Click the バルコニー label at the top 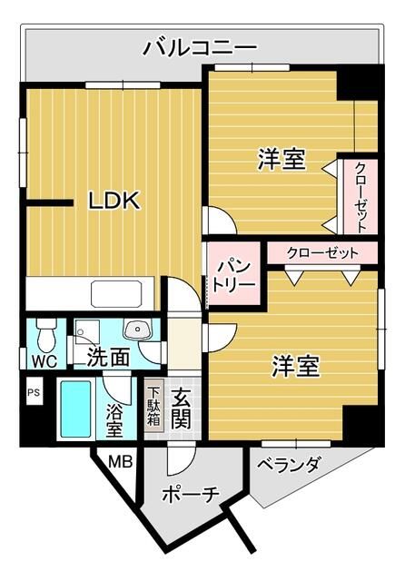coord(200,48)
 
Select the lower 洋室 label coord(296,367)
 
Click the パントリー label coord(233,273)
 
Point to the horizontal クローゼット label coord(321,252)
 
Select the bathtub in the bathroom coord(76,409)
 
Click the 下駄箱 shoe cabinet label coord(154,408)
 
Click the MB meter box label coord(121,463)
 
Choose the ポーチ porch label coord(191,495)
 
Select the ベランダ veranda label coord(288,466)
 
